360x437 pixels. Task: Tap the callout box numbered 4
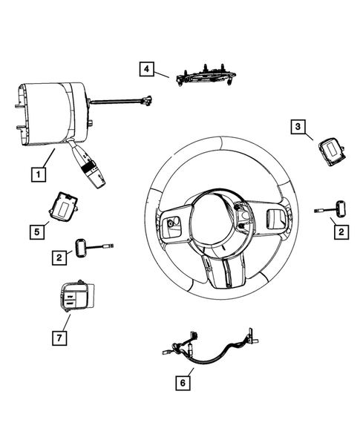pyautogui.click(x=147, y=70)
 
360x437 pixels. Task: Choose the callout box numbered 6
pyautogui.click(x=180, y=384)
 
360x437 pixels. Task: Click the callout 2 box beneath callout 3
pyautogui.click(x=340, y=233)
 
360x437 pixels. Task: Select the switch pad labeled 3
pyautogui.click(x=328, y=152)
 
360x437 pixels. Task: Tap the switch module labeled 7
pyautogui.click(x=72, y=296)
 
